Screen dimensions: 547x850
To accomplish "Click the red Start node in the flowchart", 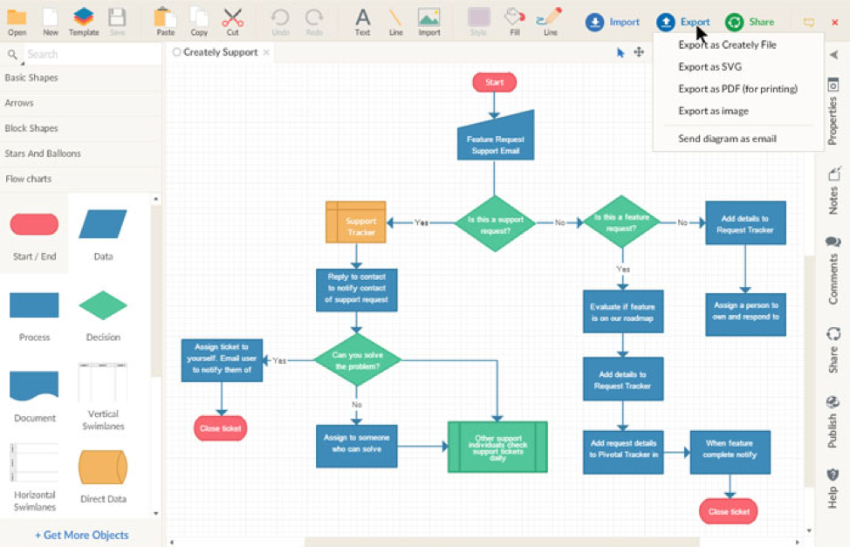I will pos(494,82).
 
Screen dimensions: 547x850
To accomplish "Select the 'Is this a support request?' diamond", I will pos(494,223).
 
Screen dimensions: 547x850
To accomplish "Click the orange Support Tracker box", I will pos(356,222).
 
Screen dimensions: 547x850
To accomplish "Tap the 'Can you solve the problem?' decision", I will pos(356,359).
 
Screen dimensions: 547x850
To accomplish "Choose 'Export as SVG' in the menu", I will pos(709,66).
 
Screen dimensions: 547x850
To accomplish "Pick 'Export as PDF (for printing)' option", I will pos(737,88).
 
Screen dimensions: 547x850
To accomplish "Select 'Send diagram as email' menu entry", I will pos(727,139).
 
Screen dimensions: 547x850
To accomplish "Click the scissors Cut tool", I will pos(232,21).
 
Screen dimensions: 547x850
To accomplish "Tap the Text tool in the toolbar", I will pos(362,21).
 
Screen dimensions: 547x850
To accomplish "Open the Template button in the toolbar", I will pos(84,21).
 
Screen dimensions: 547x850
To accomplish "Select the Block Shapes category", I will pos(31,128).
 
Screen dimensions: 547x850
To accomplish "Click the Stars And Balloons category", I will pos(43,154).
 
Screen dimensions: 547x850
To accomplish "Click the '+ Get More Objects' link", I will pos(81,535).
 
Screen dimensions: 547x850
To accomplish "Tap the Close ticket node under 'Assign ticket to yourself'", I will pos(220,428).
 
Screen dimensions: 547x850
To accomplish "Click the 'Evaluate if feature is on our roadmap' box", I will pos(623,311).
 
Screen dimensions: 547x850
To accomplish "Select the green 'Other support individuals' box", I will pos(497,447).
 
